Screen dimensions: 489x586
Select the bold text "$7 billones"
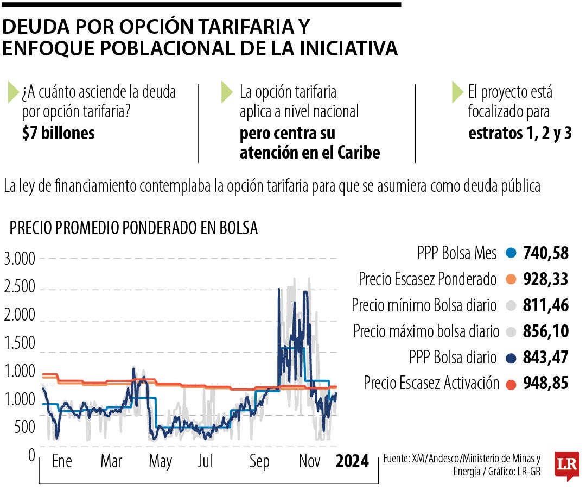pyautogui.click(x=59, y=133)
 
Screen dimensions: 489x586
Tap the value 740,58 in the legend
pyautogui.click(x=546, y=253)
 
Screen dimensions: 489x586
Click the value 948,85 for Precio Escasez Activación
pyautogui.click(x=546, y=384)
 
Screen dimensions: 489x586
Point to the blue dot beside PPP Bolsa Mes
pyautogui.click(x=509, y=253)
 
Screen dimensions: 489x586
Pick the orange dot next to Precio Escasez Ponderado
pyautogui.click(x=509, y=280)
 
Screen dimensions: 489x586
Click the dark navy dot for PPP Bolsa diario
pyautogui.click(x=509, y=358)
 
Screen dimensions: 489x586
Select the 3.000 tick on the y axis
pyautogui.click(x=20, y=259)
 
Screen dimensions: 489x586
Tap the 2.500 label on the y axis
pyautogui.click(x=20, y=287)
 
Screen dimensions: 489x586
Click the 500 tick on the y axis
pyautogui.click(x=24, y=428)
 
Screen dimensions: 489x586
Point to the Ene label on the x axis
pyautogui.click(x=62, y=462)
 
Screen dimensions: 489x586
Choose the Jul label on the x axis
pyautogui.click(x=205, y=462)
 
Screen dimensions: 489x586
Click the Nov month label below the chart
pyautogui.click(x=310, y=462)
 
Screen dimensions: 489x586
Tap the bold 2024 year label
pyautogui.click(x=352, y=462)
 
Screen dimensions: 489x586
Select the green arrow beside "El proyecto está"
pyautogui.click(x=457, y=93)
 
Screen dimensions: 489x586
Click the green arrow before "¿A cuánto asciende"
pyautogui.click(x=12, y=93)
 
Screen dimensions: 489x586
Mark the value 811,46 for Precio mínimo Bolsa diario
pyautogui.click(x=546, y=305)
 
